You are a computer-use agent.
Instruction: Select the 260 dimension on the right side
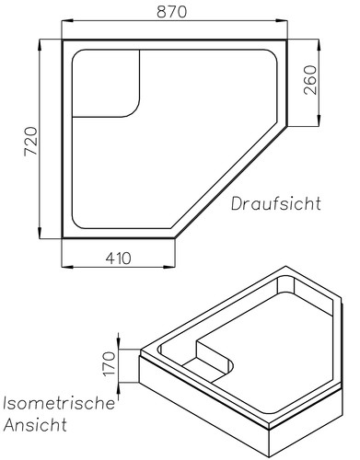[x=310, y=82]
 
